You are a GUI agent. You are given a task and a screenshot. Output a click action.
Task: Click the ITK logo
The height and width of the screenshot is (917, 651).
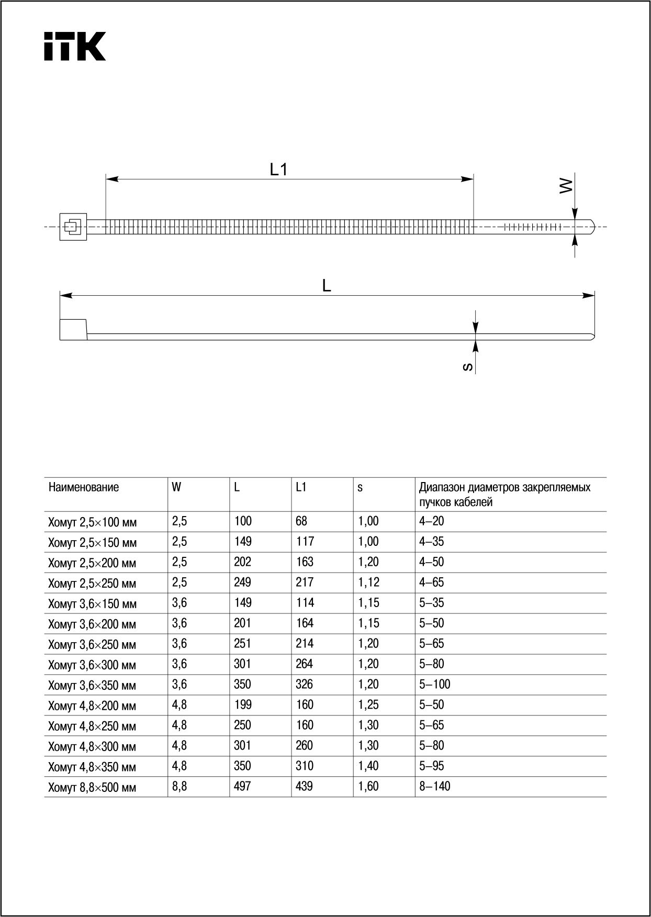pos(75,47)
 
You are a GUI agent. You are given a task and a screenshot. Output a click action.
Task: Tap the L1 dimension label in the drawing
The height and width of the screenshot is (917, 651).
pos(279,169)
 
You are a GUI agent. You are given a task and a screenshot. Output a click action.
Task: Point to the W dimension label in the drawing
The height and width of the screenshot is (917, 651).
pos(566,186)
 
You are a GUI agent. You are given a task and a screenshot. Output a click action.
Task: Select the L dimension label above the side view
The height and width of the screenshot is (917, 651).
pos(327,286)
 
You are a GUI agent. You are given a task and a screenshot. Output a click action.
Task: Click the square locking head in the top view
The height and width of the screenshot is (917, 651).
pos(73,227)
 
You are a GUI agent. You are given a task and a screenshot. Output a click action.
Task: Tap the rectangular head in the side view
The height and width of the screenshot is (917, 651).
pos(73,330)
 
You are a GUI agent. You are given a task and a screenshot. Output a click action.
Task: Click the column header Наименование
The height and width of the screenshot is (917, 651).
pos(84,487)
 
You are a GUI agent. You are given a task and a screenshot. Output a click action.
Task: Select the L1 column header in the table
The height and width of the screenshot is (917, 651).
pos(301,487)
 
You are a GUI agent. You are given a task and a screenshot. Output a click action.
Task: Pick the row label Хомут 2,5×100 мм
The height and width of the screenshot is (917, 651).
pos(92,522)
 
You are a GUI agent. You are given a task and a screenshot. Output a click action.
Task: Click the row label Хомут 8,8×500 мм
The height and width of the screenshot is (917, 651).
pos(92,788)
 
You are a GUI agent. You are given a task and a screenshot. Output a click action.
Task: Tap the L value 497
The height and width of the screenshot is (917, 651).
pos(243,786)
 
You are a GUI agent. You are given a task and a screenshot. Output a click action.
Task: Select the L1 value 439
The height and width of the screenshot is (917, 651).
pos(305,786)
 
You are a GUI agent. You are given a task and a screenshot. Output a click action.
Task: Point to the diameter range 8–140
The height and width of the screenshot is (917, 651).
pos(434,786)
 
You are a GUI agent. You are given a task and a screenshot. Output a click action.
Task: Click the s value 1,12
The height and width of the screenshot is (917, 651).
pos(369,582)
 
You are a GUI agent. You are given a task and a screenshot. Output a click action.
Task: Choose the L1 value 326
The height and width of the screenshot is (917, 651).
pos(305,684)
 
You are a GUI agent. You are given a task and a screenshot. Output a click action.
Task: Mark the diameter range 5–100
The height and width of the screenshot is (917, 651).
pos(434,684)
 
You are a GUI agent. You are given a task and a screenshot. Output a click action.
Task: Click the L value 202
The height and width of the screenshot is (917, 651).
pos(243,562)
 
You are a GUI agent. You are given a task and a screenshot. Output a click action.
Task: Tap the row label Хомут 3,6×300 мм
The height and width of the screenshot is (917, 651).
pos(92,665)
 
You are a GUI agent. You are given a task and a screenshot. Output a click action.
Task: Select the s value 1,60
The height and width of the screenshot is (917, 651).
pos(368,786)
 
